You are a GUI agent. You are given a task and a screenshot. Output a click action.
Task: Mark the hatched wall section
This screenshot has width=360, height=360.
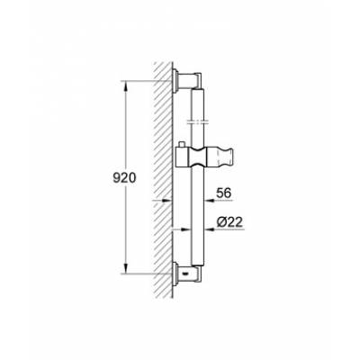click(162, 180)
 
